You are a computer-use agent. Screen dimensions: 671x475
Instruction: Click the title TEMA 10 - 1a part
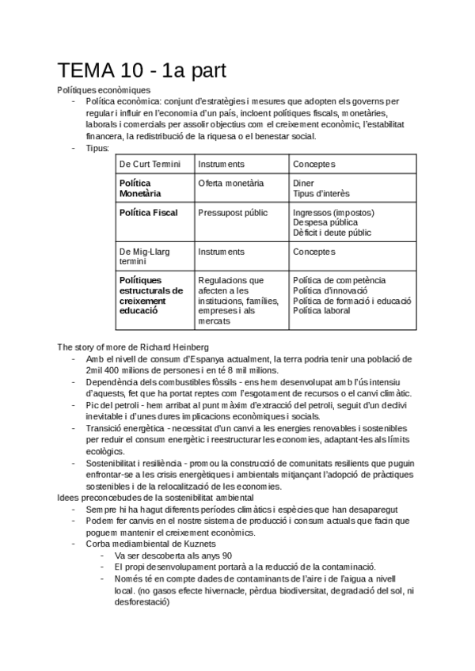tap(142, 70)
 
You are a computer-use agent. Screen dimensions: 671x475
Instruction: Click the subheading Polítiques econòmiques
tap(104, 91)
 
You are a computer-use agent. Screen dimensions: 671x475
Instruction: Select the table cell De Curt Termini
tap(150, 164)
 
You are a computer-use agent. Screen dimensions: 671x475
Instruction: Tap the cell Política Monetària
tap(139, 188)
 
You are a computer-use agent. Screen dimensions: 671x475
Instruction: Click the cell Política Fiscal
tap(148, 213)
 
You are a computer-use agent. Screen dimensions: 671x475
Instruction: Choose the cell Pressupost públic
tap(233, 213)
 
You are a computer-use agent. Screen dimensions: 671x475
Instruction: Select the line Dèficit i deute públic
tap(332, 233)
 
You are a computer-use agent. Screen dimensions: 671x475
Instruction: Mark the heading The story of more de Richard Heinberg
tap(134, 347)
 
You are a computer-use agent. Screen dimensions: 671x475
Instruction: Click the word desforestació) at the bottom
tap(142, 601)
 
